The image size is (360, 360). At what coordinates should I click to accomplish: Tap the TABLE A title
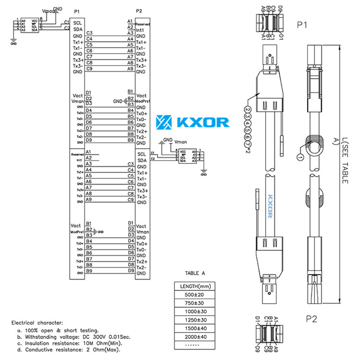point(195,273)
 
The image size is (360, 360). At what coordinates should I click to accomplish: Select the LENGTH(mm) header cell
point(195,286)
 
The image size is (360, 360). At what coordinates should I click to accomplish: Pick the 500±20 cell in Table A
point(195,295)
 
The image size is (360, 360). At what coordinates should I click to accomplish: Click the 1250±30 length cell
point(195,320)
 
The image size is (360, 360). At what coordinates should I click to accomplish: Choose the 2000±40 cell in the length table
point(195,337)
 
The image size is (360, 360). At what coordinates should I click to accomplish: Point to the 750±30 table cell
point(195,303)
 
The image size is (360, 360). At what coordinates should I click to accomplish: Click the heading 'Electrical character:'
point(37,322)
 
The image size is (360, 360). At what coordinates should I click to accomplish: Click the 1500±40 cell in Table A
point(195,329)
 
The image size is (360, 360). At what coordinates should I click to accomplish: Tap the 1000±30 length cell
point(195,312)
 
